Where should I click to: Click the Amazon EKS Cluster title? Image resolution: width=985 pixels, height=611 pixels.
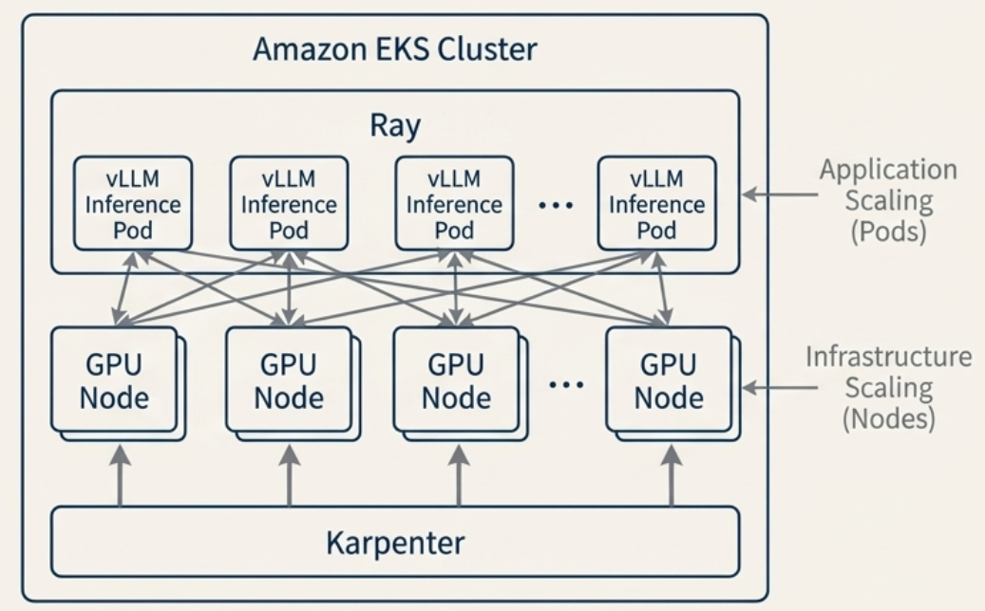394,49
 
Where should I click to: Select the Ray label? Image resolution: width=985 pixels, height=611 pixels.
394,125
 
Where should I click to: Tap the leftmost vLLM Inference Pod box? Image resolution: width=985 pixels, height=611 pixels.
133,203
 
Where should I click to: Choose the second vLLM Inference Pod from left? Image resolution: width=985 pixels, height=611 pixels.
289,203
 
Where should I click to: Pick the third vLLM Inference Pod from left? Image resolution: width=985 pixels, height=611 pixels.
454,203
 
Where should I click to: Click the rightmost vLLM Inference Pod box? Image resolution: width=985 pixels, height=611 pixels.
656,203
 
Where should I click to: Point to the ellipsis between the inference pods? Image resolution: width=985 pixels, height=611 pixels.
555,205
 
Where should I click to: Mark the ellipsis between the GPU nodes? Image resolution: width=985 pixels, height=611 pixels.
566,384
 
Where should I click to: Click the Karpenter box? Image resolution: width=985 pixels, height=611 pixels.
394,542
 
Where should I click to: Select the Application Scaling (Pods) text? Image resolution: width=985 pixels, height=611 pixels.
888,200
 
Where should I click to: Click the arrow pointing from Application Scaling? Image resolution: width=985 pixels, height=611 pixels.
777,194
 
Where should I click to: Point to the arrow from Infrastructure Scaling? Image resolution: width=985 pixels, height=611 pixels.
776,387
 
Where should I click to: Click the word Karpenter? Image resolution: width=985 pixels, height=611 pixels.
395,543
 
